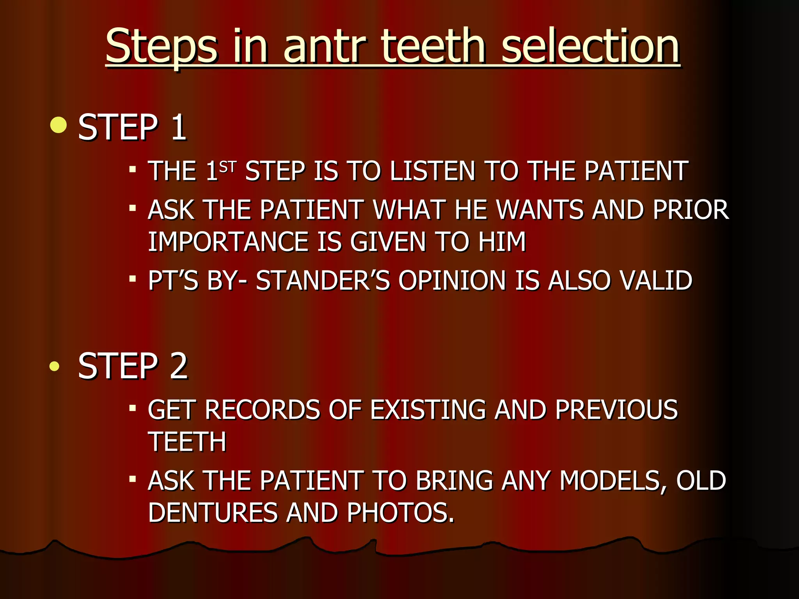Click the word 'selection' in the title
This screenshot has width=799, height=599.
(x=590, y=47)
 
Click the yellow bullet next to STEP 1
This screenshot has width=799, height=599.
(x=59, y=125)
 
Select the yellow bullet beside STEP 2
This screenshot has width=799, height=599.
(x=55, y=366)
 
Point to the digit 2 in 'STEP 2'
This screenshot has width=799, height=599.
(x=179, y=366)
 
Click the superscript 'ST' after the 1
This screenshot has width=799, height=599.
(x=228, y=167)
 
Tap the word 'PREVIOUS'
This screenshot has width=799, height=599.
(x=616, y=410)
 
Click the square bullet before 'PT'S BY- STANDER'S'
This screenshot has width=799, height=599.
(x=133, y=279)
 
